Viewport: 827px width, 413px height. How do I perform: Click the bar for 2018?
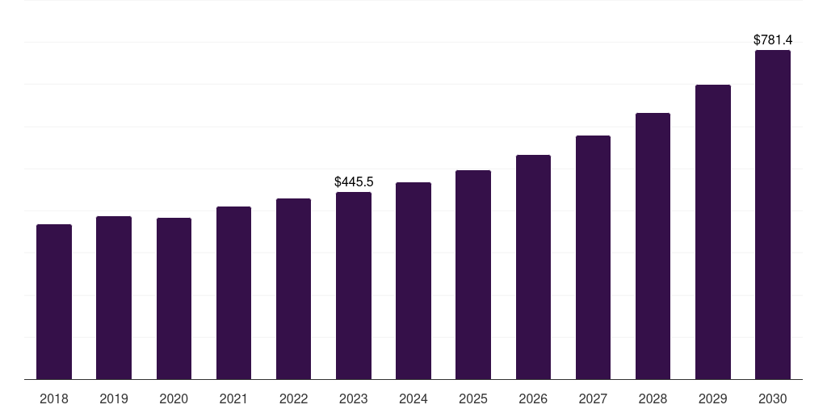click(x=54, y=302)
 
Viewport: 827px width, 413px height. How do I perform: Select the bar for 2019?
click(x=114, y=298)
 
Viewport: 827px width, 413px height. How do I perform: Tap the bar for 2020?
click(x=174, y=298)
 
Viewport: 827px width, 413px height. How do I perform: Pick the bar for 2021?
click(x=233, y=293)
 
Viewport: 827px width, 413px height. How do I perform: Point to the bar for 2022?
click(x=293, y=289)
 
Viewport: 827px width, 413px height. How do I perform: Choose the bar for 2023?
click(x=354, y=286)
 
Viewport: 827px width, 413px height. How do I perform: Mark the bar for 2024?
click(x=413, y=281)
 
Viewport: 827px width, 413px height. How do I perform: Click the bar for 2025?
click(x=473, y=274)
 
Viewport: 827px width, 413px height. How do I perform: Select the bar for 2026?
click(x=533, y=267)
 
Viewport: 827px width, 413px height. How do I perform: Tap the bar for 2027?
click(x=593, y=257)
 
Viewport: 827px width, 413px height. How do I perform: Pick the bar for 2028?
click(x=653, y=246)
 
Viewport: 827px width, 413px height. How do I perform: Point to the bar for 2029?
click(x=712, y=232)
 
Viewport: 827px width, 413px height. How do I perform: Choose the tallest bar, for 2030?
click(x=773, y=215)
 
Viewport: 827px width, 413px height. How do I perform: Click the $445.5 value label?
click(x=354, y=182)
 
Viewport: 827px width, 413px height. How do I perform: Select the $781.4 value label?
click(x=773, y=40)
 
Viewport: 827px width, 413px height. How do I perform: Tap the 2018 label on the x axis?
click(x=54, y=398)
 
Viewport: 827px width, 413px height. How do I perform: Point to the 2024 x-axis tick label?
click(x=413, y=398)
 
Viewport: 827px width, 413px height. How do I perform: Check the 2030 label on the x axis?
click(x=773, y=398)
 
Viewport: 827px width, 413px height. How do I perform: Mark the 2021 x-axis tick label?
click(x=233, y=398)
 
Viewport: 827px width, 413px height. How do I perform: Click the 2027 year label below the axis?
click(x=593, y=398)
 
